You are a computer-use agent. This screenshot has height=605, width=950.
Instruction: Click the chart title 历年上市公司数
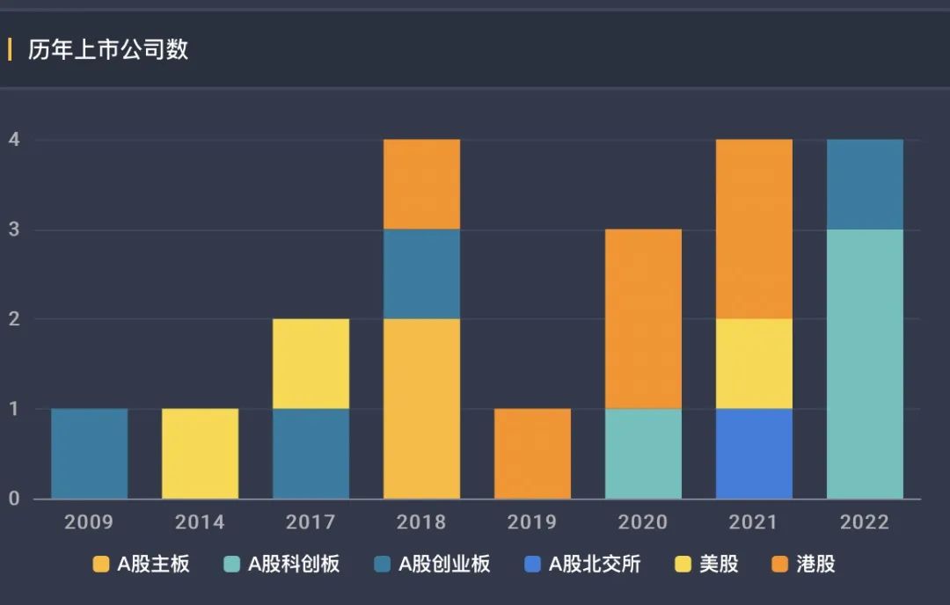point(108,49)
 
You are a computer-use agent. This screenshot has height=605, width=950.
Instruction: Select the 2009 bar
point(89,454)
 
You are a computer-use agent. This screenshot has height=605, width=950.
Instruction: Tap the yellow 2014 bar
point(200,454)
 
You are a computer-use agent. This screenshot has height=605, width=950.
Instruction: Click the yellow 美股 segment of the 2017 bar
point(311,364)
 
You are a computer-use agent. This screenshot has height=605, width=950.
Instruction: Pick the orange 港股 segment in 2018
point(421,185)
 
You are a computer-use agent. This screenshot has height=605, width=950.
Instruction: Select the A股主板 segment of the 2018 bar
point(421,409)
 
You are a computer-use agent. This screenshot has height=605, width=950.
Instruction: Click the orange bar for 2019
point(532,454)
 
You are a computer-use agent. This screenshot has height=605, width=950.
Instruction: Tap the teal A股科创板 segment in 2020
point(643,454)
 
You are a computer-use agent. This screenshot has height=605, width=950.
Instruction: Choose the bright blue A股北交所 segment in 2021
point(754,454)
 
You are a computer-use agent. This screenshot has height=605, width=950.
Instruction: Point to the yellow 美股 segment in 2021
point(754,364)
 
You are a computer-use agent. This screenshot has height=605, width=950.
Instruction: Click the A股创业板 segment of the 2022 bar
point(865,185)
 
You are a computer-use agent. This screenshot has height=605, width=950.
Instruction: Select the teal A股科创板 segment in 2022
point(865,364)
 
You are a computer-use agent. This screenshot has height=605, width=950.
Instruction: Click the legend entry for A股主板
point(142,564)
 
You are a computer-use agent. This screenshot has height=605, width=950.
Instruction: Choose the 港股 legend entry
point(803,564)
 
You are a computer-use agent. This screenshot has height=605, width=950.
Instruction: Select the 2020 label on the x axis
point(643,522)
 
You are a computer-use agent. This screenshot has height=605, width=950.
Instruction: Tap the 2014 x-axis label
point(200,522)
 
